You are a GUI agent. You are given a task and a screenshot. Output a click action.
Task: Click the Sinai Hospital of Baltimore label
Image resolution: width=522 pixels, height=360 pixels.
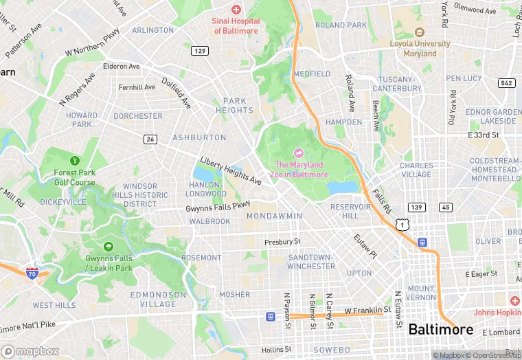[x=236, y=26]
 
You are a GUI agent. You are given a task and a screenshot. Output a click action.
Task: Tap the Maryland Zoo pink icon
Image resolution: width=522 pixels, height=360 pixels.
[x=299, y=153]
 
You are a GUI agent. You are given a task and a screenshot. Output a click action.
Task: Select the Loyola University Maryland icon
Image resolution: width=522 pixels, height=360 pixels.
[x=419, y=32]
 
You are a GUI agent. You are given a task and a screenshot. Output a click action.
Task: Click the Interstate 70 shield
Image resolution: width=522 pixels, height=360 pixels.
[x=32, y=273]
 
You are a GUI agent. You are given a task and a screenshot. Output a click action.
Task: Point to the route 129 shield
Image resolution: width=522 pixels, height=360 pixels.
[x=200, y=51]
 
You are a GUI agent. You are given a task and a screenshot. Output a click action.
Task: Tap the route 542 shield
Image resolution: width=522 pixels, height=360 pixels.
[x=506, y=83]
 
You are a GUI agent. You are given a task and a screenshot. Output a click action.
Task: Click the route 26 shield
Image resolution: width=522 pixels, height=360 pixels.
[x=150, y=139]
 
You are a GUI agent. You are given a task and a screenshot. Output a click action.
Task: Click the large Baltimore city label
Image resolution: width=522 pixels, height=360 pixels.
[x=440, y=330]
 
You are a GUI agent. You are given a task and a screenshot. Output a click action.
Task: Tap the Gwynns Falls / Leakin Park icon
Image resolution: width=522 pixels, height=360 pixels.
[x=108, y=247]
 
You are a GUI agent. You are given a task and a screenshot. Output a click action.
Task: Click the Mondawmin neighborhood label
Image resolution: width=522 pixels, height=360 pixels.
[x=274, y=216]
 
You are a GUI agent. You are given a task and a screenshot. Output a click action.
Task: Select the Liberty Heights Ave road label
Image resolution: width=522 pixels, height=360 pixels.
[x=230, y=170]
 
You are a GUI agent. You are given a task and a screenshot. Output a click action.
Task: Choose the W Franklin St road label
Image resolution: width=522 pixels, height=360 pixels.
[x=367, y=311]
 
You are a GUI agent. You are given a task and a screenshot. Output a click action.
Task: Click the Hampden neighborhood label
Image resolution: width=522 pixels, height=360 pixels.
[x=343, y=122]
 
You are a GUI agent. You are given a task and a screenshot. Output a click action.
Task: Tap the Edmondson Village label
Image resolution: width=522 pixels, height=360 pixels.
[x=158, y=299]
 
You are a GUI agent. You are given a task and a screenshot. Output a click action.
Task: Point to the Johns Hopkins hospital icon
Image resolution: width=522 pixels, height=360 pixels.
[x=514, y=301]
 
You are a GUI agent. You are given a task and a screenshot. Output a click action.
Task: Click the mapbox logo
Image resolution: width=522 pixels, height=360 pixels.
[x=30, y=351]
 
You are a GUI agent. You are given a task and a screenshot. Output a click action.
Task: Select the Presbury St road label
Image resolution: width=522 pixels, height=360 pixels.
[x=282, y=242]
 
